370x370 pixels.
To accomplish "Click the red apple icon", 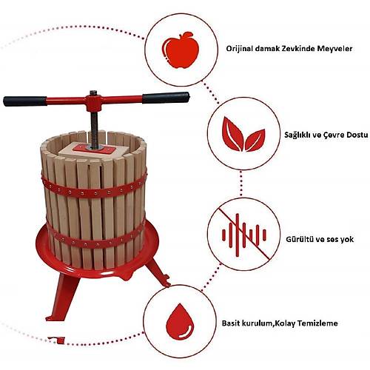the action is pos(181,50).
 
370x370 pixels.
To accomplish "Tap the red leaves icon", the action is pos(243,134).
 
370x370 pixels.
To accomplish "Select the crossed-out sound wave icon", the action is pos(243,235).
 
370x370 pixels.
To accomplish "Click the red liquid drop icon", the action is pos(180,322).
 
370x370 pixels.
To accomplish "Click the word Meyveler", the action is pos(334,49).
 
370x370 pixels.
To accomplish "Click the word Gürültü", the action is pos(299,239).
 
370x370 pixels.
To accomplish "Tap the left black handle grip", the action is pos(25,101).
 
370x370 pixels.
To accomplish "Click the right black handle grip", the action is pos(166,98).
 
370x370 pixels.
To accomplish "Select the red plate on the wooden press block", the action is pos(94,149).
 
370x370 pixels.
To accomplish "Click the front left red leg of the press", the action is pos(62,296).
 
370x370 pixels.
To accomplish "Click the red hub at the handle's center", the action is pos(94,101).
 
